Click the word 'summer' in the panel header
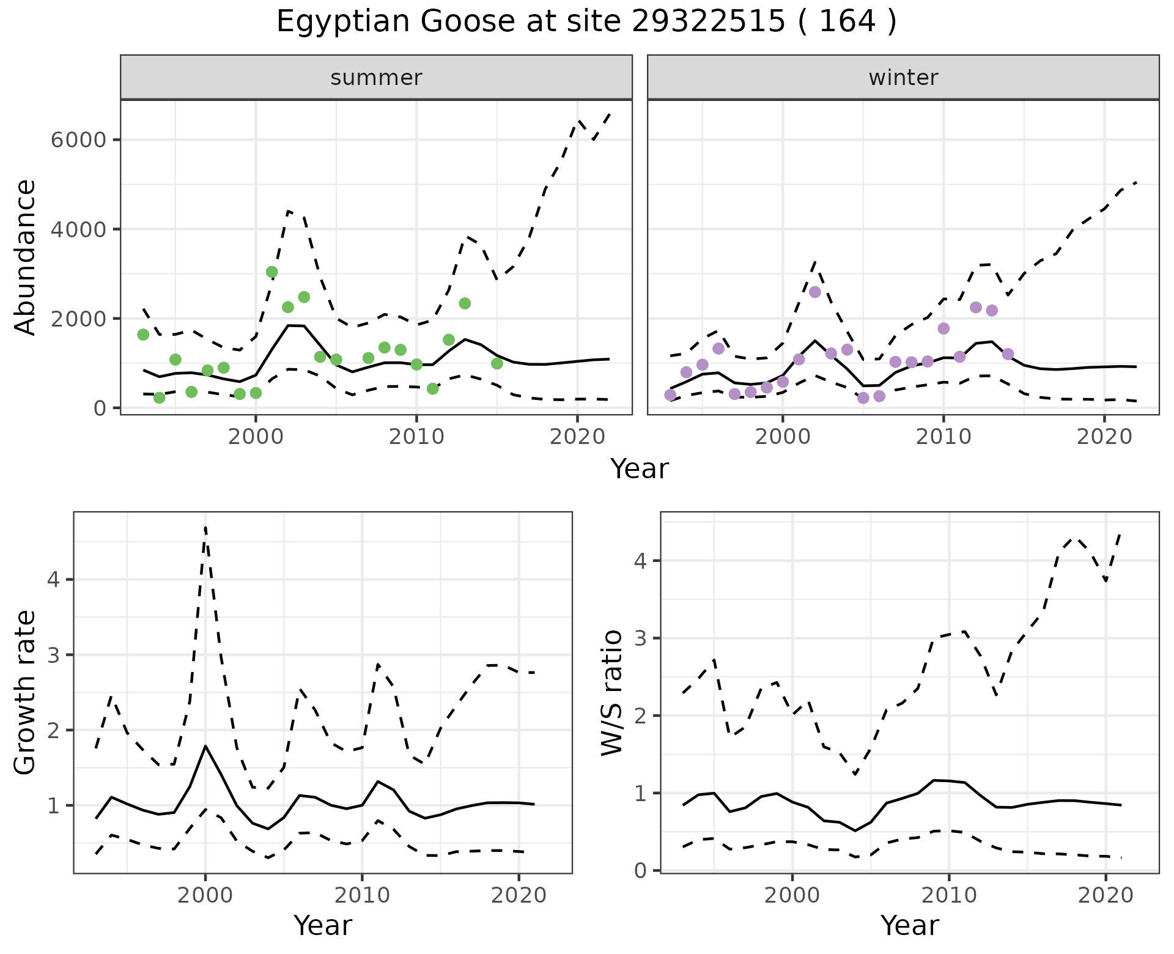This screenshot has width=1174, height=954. [376, 78]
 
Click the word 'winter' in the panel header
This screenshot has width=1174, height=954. [903, 78]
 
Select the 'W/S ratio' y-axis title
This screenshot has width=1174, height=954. [611, 692]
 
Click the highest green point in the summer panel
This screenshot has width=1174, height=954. [272, 272]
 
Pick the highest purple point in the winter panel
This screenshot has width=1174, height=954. [815, 292]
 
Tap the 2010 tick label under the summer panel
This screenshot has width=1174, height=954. [416, 437]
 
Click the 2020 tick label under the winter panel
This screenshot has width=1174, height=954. [1104, 437]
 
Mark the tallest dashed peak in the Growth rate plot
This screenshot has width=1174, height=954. [205, 527]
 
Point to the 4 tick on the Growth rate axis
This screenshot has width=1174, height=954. [53, 579]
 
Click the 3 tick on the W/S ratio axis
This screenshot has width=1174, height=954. [640, 638]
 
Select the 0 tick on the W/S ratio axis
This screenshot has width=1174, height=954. [640, 870]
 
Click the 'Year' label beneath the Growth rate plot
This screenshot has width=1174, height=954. [323, 925]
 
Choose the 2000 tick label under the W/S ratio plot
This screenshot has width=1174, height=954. [792, 895]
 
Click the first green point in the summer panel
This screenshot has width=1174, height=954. [143, 335]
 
